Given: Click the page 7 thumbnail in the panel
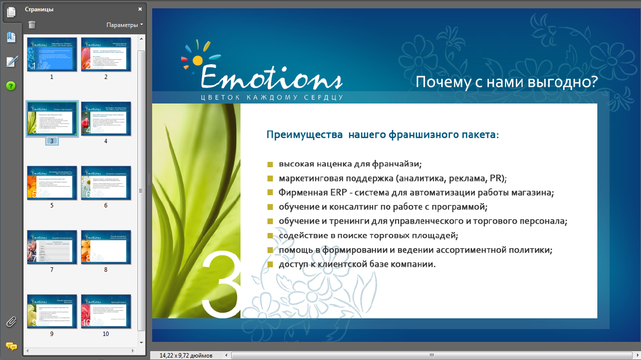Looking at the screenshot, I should (52, 247).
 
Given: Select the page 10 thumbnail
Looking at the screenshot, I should (106, 311).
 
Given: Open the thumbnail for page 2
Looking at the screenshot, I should (106, 54).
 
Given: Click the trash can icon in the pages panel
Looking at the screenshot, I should (32, 25).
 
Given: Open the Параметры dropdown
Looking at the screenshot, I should (125, 25).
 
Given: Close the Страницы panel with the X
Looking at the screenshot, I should (140, 9).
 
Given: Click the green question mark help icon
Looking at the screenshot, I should (11, 86).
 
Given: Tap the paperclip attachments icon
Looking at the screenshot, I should (11, 322).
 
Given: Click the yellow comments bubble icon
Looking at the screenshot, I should (11, 346).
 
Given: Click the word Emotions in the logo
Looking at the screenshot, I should (271, 77).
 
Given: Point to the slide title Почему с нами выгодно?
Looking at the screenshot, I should (507, 82).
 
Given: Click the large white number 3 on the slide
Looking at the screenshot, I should (221, 285).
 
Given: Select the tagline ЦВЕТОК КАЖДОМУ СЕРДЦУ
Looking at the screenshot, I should (271, 97).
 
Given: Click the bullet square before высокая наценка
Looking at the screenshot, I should (270, 164).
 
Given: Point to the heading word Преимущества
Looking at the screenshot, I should (304, 134).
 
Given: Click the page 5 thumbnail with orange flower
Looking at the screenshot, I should (52, 182).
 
